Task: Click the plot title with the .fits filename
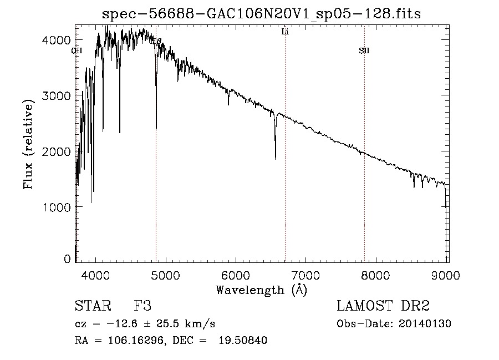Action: pyautogui.click(x=261, y=14)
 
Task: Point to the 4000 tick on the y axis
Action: pyautogui.click(x=58, y=40)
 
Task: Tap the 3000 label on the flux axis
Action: pyautogui.click(x=58, y=96)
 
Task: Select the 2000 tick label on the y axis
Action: pyautogui.click(x=58, y=151)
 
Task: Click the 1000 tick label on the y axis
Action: pyautogui.click(x=58, y=207)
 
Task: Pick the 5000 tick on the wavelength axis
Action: pyautogui.click(x=165, y=275)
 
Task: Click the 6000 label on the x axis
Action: pyautogui.click(x=236, y=275)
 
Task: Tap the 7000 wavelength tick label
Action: pyautogui.click(x=306, y=275)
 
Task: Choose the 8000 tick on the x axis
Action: pyautogui.click(x=376, y=275)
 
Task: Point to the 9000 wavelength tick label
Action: pyautogui.click(x=447, y=275)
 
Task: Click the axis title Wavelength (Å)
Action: pyautogui.click(x=261, y=290)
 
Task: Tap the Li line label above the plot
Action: pyautogui.click(x=285, y=32)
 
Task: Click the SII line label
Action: pyautogui.click(x=364, y=51)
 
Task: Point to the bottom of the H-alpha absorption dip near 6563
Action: pyautogui.click(x=275, y=159)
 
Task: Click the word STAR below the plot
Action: pyautogui.click(x=93, y=306)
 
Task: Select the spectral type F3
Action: pyautogui.click(x=142, y=306)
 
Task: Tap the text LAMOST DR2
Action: pyautogui.click(x=383, y=306)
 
